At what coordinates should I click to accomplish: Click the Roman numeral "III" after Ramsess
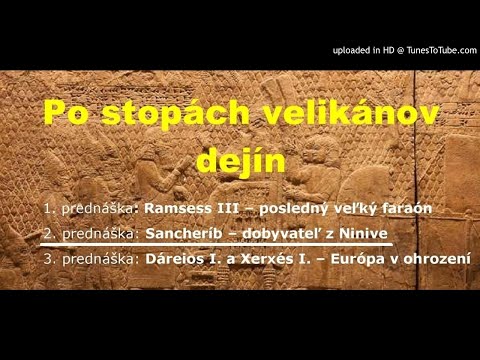(226, 209)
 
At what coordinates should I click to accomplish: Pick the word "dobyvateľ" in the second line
(281, 234)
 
